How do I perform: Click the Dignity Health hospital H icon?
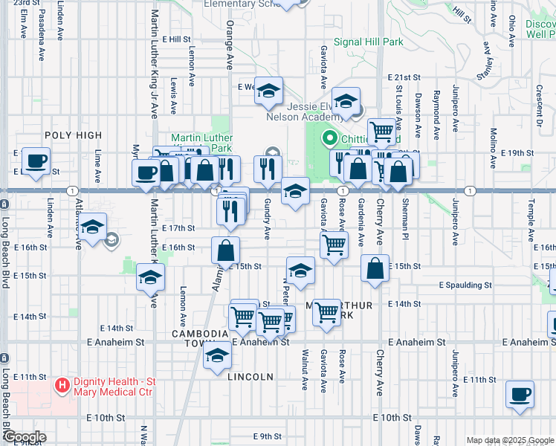(x=63, y=386)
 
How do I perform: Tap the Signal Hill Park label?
(x=368, y=42)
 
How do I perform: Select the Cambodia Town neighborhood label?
(x=199, y=334)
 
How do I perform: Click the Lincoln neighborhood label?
(x=251, y=377)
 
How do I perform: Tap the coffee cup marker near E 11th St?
(x=520, y=394)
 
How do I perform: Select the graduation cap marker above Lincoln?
(x=217, y=356)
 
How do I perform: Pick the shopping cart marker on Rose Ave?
(x=334, y=243)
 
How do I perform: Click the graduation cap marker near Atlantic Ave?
(x=92, y=228)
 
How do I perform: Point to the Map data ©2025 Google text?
(x=510, y=440)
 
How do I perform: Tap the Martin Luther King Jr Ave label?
(x=155, y=89)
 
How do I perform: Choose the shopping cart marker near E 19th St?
(x=381, y=131)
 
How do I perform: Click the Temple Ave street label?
(x=531, y=213)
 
